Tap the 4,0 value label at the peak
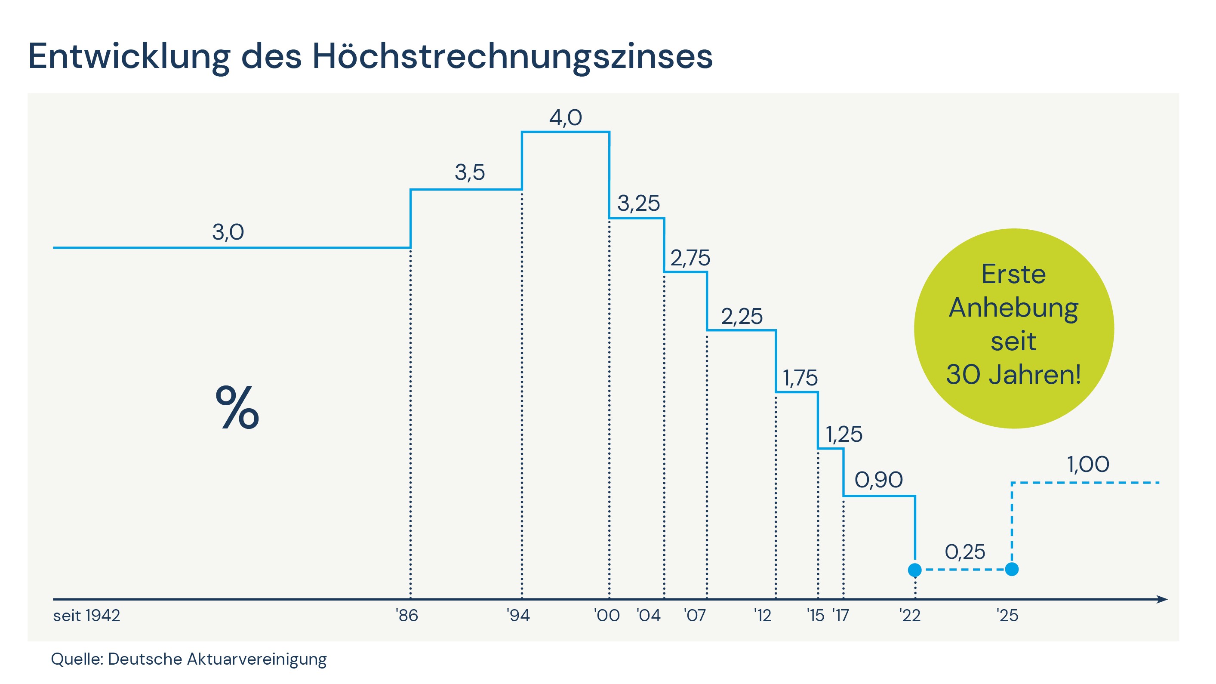[x=565, y=117]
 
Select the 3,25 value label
[x=638, y=203]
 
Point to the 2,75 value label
[x=690, y=258]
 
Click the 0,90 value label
[x=878, y=480]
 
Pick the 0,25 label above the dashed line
[x=965, y=552]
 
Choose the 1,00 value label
[x=1088, y=465]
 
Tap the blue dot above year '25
[x=1012, y=569]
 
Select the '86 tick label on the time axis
[x=407, y=616]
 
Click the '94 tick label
[x=518, y=616]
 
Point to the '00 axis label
[x=606, y=616]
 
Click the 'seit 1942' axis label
[x=87, y=616]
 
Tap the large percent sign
[x=237, y=407]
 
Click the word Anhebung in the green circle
[x=1013, y=309]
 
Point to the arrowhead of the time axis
[x=1162, y=600]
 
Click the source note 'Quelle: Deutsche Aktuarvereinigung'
[x=189, y=659]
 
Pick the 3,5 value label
[x=470, y=173]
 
